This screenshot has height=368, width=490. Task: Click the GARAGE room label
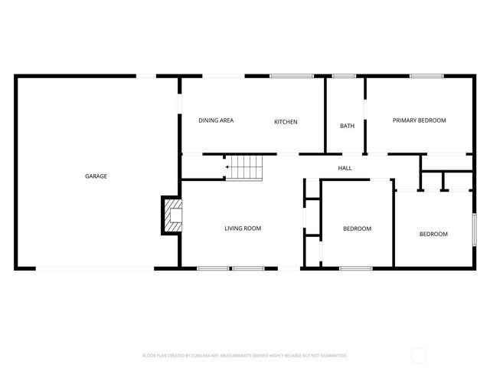[x=96, y=176]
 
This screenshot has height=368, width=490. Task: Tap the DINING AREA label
[x=216, y=120]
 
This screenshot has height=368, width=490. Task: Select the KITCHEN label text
[x=286, y=122]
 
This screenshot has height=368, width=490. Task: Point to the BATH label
[x=347, y=126]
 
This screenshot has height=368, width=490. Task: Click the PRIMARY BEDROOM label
[x=419, y=120]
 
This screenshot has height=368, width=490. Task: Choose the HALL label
[x=345, y=168]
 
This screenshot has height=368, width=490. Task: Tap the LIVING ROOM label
[x=243, y=228]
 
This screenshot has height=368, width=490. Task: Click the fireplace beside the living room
[x=172, y=216]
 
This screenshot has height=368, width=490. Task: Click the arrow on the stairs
[x=227, y=166]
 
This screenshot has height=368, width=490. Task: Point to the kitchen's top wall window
[x=292, y=75]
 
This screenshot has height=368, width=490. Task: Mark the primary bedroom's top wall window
[x=426, y=75]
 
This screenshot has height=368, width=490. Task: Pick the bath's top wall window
[x=345, y=75]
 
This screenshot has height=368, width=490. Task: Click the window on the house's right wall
[x=474, y=230]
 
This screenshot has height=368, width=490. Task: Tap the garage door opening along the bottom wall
[x=95, y=268]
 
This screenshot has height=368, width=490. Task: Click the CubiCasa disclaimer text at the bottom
[x=245, y=356]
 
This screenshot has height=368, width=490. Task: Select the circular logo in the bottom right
[x=419, y=355]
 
